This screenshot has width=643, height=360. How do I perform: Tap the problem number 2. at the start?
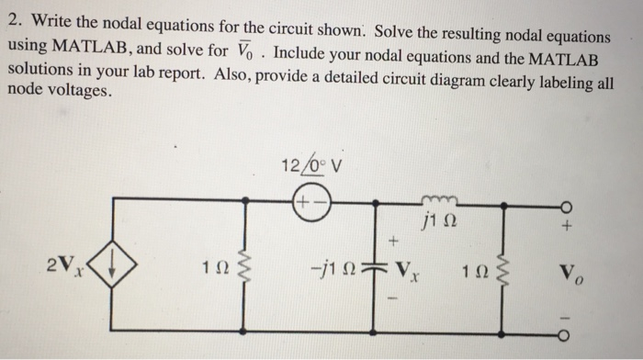point(14,16)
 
